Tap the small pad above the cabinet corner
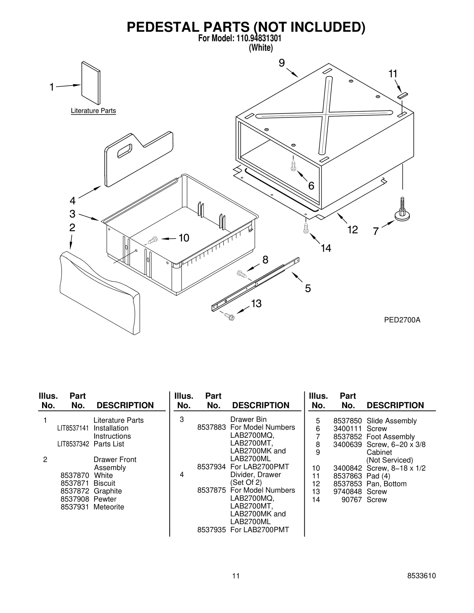click(x=403, y=95)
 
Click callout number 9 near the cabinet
click(x=281, y=63)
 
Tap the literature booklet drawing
click(x=91, y=83)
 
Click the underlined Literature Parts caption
click(x=93, y=111)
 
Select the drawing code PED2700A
click(x=402, y=320)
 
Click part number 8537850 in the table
click(x=348, y=421)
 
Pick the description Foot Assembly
click(x=390, y=437)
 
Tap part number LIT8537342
click(x=73, y=444)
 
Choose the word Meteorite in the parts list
click(x=109, y=507)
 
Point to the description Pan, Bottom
click(x=386, y=484)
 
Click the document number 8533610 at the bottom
click(x=422, y=576)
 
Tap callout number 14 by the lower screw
click(x=326, y=248)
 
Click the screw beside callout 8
click(x=241, y=274)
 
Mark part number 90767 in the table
click(x=352, y=500)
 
